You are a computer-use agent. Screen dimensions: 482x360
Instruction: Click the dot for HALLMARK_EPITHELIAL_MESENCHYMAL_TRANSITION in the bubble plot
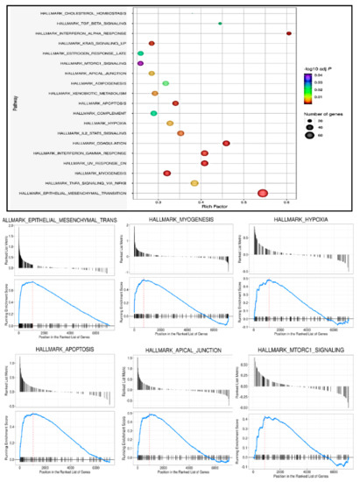(x=262, y=193)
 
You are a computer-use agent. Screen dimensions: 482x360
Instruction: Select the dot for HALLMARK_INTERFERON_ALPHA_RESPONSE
(x=288, y=33)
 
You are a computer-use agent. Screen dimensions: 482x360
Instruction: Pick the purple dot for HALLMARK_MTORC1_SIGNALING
(x=140, y=63)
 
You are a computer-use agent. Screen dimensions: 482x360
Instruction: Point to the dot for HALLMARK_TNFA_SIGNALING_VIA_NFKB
(x=194, y=183)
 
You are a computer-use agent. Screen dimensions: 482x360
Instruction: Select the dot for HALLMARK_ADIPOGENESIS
(x=166, y=83)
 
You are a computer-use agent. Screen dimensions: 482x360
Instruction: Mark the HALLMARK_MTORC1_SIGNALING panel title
(x=296, y=351)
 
